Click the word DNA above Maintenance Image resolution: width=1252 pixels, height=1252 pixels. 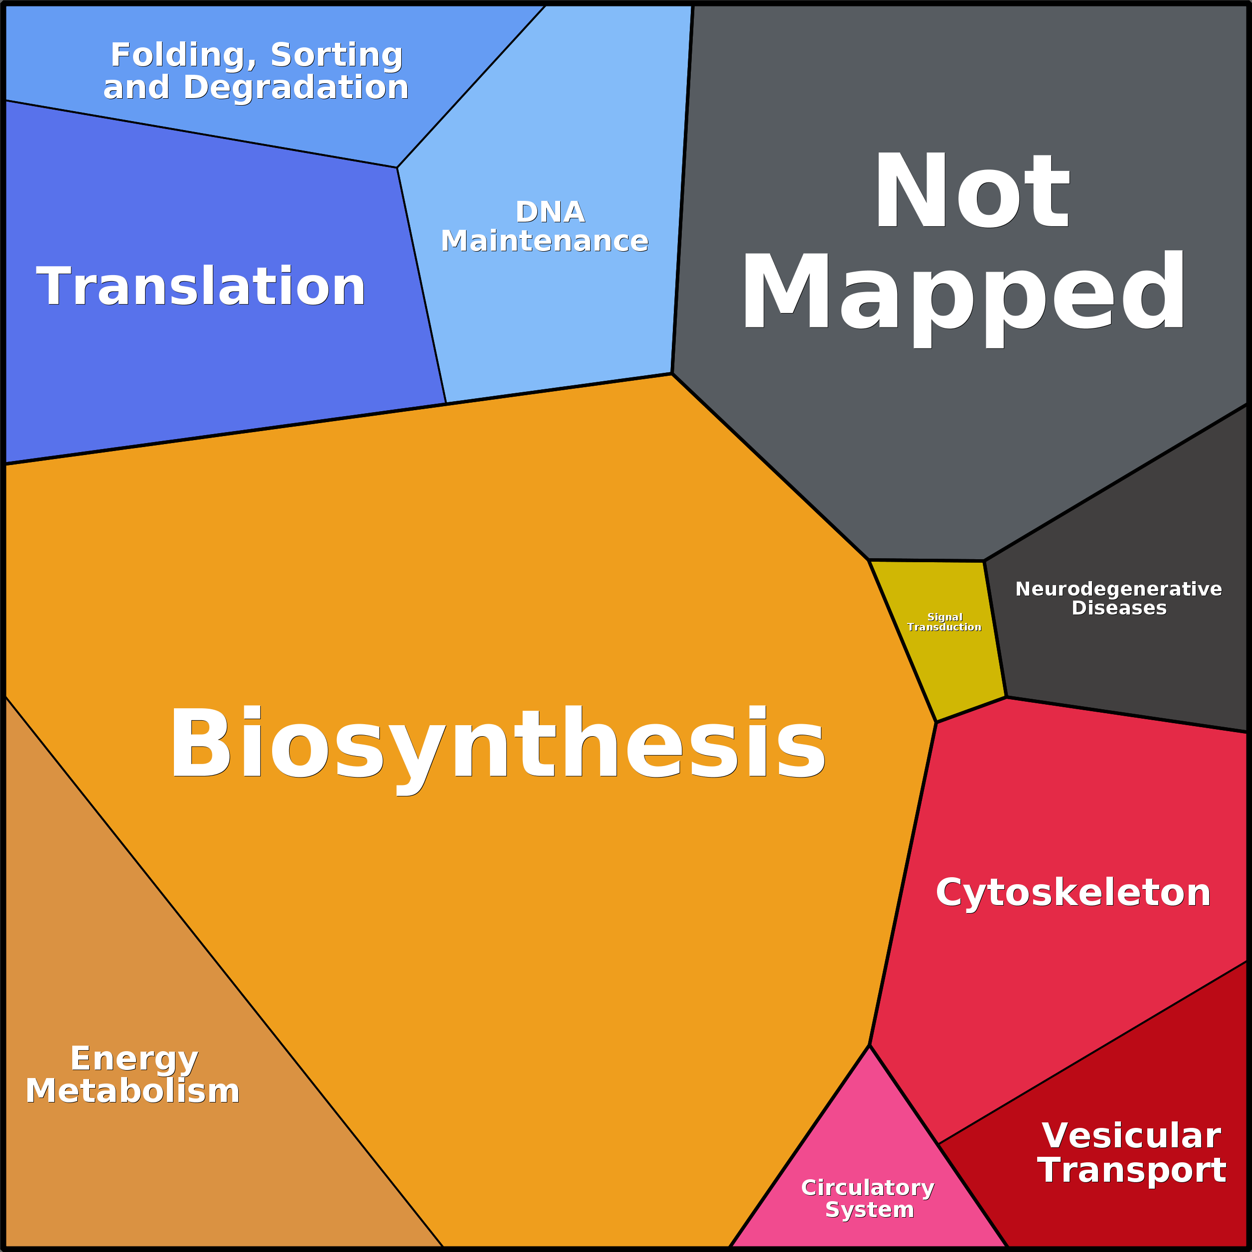(550, 212)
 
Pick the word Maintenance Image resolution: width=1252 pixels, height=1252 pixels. (544, 241)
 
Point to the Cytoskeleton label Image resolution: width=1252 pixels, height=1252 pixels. (1073, 893)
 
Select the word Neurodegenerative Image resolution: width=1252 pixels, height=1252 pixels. (1118, 589)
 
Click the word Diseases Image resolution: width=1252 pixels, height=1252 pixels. (1119, 608)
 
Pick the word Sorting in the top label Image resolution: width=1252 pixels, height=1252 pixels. (337, 55)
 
